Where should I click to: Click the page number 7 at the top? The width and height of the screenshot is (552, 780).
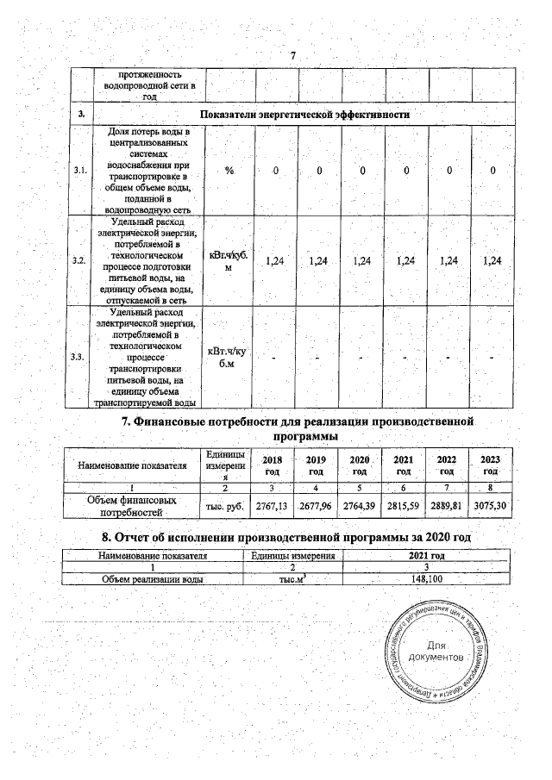tap(293, 56)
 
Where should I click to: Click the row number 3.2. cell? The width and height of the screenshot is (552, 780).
tap(81, 260)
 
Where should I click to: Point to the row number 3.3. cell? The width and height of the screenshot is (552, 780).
tap(81, 355)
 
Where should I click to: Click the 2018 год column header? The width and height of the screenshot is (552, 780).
tap(272, 466)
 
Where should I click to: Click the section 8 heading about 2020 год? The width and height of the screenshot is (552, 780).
tap(292, 539)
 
